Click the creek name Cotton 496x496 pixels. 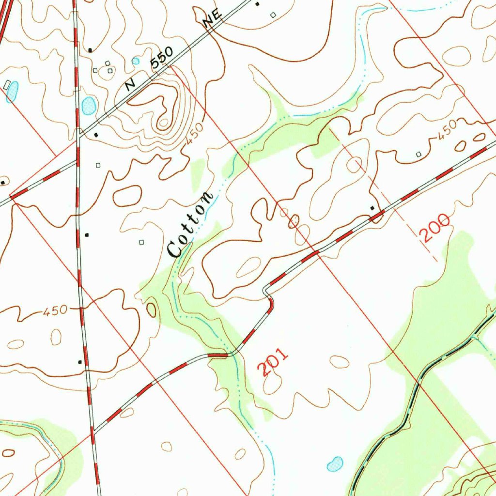click(x=189, y=224)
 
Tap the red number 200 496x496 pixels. click(x=434, y=228)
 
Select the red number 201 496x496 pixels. click(x=272, y=361)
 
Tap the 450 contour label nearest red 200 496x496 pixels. click(x=447, y=130)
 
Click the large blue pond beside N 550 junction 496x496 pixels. click(x=89, y=105)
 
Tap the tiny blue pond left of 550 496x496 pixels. click(x=136, y=61)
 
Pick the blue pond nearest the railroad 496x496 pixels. click(x=335, y=464)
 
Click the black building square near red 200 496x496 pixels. click(x=372, y=208)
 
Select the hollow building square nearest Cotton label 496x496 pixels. click(x=141, y=242)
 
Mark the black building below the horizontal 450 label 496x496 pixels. click(x=80, y=361)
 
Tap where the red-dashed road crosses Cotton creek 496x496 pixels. click(x=228, y=355)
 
